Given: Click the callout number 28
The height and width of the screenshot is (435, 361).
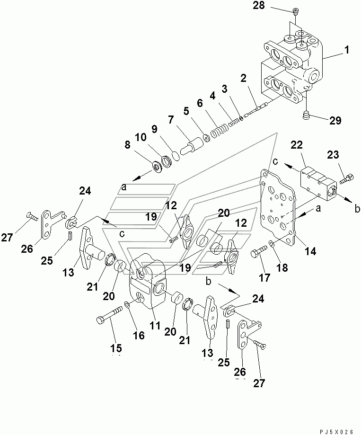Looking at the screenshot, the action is [259, 5].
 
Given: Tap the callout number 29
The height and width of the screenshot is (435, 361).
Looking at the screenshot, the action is [335, 120].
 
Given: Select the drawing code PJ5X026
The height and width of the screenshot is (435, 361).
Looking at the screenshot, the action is [336, 432].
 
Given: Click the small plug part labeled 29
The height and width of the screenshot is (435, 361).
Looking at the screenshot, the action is [306, 114].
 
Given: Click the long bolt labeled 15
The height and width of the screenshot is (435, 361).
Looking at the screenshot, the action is [109, 315].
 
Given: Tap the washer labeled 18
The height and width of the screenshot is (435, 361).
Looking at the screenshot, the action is [272, 243].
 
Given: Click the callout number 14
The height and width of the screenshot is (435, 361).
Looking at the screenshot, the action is [310, 251].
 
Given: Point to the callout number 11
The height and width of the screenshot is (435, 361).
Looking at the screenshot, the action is [155, 325].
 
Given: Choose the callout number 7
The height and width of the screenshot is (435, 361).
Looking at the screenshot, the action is [170, 120].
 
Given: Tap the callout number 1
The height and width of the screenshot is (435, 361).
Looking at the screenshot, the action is [346, 50].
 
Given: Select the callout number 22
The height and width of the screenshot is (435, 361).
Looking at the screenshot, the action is [296, 145].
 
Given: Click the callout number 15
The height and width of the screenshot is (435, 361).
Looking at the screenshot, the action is [116, 347].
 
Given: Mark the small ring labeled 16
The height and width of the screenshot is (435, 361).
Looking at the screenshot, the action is [127, 305].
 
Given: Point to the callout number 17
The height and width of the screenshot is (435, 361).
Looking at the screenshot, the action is [264, 277].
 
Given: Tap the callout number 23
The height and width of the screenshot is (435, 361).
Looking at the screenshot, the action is [333, 154].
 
